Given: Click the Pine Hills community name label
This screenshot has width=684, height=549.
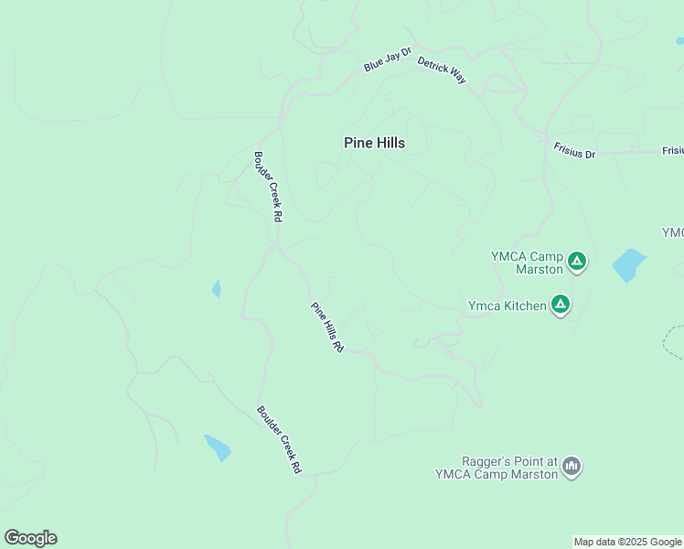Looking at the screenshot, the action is pyautogui.click(x=374, y=143).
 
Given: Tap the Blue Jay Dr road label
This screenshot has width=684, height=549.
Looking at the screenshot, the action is pyautogui.click(x=388, y=61).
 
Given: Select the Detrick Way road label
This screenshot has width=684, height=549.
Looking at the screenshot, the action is pyautogui.click(x=442, y=70).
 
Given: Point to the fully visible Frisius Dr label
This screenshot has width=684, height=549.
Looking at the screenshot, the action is pyautogui.click(x=574, y=151).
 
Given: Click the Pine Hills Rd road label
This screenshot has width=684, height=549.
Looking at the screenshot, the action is pyautogui.click(x=326, y=328).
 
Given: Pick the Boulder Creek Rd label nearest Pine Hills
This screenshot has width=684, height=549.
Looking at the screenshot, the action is pyautogui.click(x=268, y=187).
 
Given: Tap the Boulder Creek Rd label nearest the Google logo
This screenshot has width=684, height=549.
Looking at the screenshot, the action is pyautogui.click(x=279, y=439).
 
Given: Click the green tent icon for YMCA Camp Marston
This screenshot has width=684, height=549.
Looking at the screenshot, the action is pyautogui.click(x=576, y=262).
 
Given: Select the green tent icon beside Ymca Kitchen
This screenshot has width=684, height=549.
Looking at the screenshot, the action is pyautogui.click(x=560, y=304).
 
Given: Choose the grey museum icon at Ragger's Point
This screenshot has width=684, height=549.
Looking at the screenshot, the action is pyautogui.click(x=572, y=467).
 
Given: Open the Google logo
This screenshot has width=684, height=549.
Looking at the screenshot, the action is pyautogui.click(x=30, y=538).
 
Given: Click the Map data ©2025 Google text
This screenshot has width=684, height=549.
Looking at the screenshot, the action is pyautogui.click(x=627, y=542).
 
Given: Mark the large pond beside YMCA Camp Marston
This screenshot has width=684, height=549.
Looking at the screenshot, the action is pyautogui.click(x=628, y=264).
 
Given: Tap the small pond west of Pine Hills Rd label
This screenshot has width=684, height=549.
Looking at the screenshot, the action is pyautogui.click(x=216, y=289).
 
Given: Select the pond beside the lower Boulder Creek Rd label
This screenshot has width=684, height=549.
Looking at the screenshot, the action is pyautogui.click(x=218, y=447).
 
